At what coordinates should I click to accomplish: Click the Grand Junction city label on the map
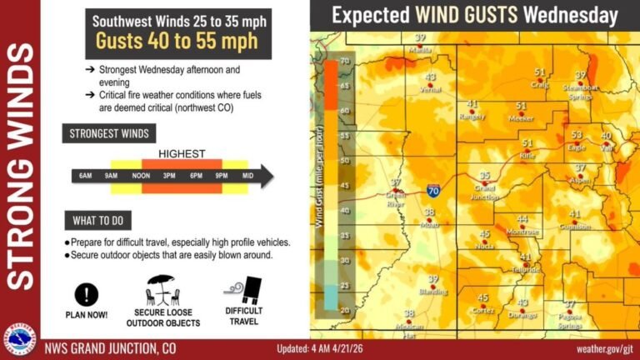tap(484, 192)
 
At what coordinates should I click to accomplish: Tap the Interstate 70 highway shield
tap(433, 191)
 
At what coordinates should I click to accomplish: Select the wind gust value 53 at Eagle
tap(576, 135)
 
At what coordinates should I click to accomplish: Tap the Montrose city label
tap(522, 232)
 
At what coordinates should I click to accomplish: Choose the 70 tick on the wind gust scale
tap(343, 61)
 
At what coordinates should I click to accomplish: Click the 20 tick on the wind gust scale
tap(343, 309)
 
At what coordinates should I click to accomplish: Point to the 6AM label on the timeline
tap(85, 176)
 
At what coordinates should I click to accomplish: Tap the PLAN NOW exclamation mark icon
tap(87, 293)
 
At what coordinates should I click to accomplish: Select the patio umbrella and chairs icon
tap(163, 291)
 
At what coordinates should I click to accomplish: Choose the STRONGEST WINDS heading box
tap(109, 132)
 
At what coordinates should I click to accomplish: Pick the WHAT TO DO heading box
tap(97, 221)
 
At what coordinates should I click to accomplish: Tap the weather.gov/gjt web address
tap(602, 348)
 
